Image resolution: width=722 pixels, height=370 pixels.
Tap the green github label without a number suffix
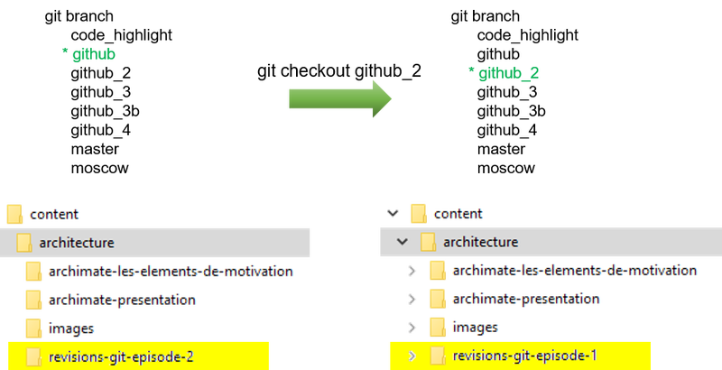pos(89,54)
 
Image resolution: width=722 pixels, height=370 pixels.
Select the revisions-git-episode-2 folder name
pos(122,356)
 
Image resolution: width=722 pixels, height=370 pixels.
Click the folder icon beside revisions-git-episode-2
pos(34,356)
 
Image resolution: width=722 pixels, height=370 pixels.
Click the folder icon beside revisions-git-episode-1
pos(438,356)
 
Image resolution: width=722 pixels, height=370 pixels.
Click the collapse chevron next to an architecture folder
pos(403,242)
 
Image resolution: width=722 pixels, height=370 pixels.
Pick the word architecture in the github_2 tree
pos(481,242)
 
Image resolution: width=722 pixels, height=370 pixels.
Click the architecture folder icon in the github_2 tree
pos(429,242)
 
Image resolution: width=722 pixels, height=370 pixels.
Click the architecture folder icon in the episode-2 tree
pos(24,242)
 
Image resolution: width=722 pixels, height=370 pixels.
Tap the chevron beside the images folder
pos(413,328)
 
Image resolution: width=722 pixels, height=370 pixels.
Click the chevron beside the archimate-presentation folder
pos(413,299)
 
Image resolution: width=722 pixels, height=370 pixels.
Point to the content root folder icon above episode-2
pos(14,214)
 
